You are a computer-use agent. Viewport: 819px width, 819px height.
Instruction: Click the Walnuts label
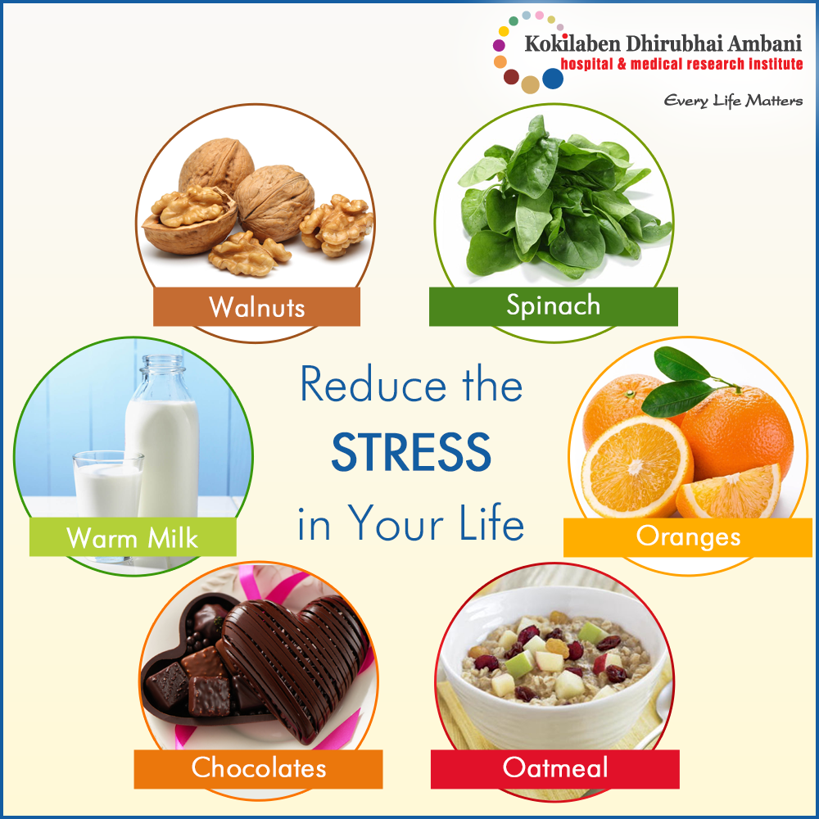[x=256, y=306]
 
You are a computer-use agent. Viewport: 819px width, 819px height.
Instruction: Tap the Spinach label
[x=553, y=306]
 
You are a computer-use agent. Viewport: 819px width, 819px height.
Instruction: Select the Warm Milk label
[x=133, y=537]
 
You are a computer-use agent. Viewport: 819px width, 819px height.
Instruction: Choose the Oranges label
[x=687, y=537]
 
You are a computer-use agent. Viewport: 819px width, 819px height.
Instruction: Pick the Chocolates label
[x=259, y=769]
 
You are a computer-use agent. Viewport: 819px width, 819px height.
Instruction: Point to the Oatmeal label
[x=554, y=769]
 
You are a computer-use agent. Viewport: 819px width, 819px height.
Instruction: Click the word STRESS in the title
[x=411, y=452]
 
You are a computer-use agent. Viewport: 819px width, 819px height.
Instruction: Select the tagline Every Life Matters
[x=733, y=100]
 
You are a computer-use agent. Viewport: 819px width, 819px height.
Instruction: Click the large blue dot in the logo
[x=553, y=79]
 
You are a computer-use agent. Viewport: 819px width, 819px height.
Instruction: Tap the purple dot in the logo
[x=499, y=45]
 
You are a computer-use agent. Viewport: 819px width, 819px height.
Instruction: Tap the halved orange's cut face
[x=637, y=467]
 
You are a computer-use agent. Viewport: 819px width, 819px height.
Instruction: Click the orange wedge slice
[x=729, y=492]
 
